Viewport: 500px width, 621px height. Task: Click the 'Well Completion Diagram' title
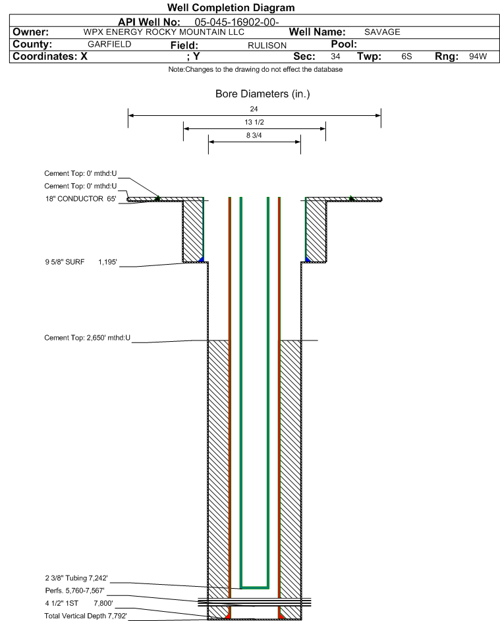click(231, 7)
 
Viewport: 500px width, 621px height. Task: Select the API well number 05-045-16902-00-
click(236, 22)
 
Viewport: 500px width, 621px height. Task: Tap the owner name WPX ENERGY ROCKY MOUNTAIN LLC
click(163, 32)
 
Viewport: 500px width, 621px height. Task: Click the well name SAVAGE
click(382, 32)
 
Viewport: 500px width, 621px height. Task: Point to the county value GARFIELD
click(109, 44)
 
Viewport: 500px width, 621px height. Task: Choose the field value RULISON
click(267, 45)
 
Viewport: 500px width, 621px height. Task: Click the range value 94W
click(478, 56)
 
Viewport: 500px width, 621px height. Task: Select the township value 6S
click(406, 56)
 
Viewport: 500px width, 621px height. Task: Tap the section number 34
click(335, 56)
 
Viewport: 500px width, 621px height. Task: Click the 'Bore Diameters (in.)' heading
click(262, 94)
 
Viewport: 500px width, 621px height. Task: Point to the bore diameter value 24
click(254, 109)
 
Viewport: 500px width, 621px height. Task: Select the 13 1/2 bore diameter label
click(254, 122)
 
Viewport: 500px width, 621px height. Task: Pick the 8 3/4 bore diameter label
click(254, 135)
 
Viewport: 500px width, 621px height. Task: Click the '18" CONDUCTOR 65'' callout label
click(81, 199)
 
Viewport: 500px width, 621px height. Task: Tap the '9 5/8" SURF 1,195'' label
click(81, 262)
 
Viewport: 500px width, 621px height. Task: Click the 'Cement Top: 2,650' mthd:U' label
click(87, 338)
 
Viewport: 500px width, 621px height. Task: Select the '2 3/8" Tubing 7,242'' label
click(76, 578)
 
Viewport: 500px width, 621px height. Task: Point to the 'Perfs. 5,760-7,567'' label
click(75, 591)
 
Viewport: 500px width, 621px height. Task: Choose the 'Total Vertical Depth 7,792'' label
click(86, 616)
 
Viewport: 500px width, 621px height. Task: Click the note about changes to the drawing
click(256, 69)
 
